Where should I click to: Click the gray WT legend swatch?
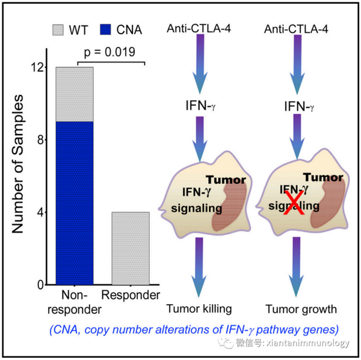coord(58,30)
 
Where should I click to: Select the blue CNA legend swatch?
coord(105,29)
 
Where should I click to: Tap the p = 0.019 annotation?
coord(110,52)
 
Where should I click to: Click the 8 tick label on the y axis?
coord(40,139)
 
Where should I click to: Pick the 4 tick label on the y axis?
coord(40,213)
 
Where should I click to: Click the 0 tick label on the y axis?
coord(40,285)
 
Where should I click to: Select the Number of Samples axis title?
coord(17,164)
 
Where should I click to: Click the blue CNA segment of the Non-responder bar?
coord(75,203)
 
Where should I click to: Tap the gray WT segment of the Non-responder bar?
coord(75,94)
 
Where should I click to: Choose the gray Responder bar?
coord(131,248)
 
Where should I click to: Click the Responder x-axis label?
coord(131,295)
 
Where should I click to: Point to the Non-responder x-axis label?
coord(75,302)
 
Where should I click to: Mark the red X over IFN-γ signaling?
coord(294,203)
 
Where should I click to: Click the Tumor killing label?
coord(199,309)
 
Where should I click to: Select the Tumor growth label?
coord(301,309)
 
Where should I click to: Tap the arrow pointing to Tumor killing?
coord(199,267)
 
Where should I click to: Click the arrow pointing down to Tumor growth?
coord(296,267)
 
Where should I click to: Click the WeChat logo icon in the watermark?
coord(226,343)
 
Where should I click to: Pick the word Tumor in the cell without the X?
coord(226,180)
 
